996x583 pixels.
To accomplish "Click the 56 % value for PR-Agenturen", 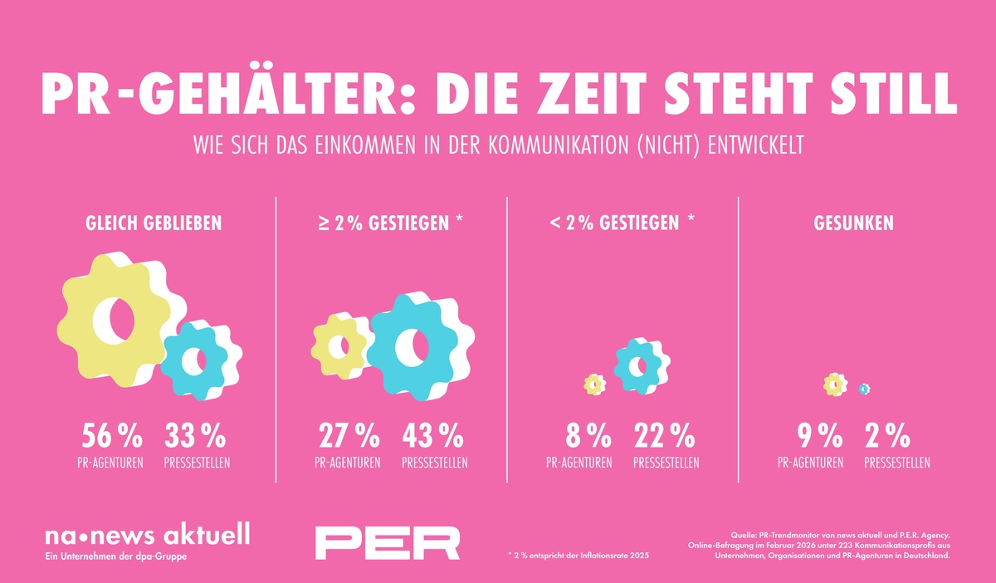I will [112, 436].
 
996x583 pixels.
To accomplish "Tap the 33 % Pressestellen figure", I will [195, 436].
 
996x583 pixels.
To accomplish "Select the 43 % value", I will [432, 436].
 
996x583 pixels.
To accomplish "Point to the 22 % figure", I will [665, 436].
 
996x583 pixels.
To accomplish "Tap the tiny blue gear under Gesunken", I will [864, 388].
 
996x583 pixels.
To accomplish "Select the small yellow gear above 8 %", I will [594, 384].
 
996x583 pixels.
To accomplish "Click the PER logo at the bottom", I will [388, 542].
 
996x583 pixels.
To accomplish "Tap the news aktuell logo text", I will [147, 534].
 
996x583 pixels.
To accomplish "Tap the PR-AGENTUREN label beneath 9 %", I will [811, 463].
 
